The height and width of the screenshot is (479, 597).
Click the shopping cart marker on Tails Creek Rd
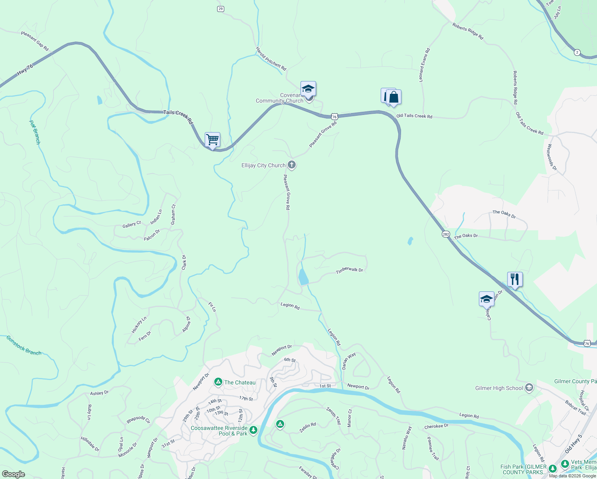pyautogui.click(x=212, y=140)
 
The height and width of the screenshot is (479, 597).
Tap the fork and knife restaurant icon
pyautogui.click(x=515, y=279)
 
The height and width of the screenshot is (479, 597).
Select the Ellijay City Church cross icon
pyautogui.click(x=292, y=165)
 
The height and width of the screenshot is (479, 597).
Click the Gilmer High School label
pyautogui.click(x=499, y=388)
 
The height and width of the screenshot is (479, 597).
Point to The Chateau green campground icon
pyautogui.click(x=218, y=382)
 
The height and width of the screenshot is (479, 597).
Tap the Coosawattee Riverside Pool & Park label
pyautogui.click(x=219, y=431)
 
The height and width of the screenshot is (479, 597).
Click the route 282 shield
pyautogui.click(x=446, y=234)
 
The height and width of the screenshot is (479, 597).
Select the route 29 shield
pyautogui.click(x=221, y=9)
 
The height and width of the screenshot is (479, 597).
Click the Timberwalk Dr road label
pyautogui.click(x=349, y=270)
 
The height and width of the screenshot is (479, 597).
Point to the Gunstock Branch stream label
pyautogui.click(x=24, y=346)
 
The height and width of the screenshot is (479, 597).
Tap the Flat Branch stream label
pyautogui.click(x=35, y=132)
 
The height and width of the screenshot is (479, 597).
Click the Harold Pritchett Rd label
pyautogui.click(x=271, y=59)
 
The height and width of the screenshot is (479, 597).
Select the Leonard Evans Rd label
pyautogui.click(x=424, y=65)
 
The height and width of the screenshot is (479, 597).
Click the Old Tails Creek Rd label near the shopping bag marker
pyautogui.click(x=414, y=116)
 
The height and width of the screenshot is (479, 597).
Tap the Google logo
pyautogui.click(x=13, y=474)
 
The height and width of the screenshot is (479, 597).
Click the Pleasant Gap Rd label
pyautogui.click(x=35, y=41)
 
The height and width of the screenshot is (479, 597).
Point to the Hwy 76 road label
pyautogui.click(x=25, y=71)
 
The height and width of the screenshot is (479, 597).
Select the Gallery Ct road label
pyautogui.click(x=131, y=225)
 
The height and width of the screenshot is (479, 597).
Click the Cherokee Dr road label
pyautogui.click(x=436, y=426)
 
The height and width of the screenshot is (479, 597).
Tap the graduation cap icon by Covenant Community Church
pyautogui.click(x=308, y=89)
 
